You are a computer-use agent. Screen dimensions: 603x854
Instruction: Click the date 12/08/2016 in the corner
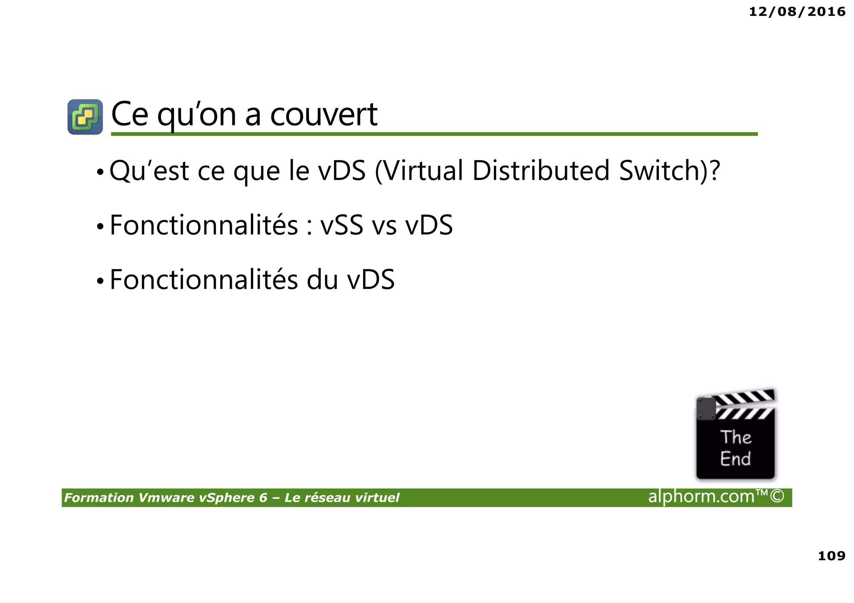(x=797, y=12)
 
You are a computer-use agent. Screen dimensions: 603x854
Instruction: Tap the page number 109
(x=831, y=555)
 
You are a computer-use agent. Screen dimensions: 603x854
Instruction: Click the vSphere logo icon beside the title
(x=85, y=117)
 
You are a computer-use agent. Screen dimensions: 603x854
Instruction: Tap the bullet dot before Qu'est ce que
(x=100, y=172)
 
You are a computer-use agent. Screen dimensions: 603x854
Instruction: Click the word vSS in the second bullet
(x=342, y=225)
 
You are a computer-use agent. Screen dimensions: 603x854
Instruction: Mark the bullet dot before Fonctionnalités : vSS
(x=100, y=227)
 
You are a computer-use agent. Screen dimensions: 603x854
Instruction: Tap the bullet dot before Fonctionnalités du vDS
(x=100, y=281)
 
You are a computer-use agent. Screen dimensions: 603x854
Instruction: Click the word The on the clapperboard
(x=736, y=437)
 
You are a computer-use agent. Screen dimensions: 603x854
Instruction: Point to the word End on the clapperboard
(x=735, y=459)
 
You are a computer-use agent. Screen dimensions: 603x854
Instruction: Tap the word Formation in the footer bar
(x=99, y=498)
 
